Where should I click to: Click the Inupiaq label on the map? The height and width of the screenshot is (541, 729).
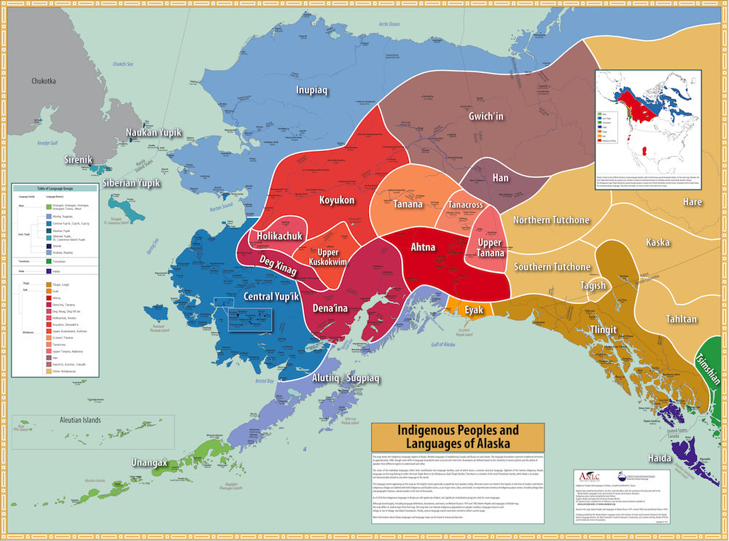click(311, 91)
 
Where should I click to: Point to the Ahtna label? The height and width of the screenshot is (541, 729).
click(423, 248)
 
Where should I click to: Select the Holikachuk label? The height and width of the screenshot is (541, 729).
click(278, 236)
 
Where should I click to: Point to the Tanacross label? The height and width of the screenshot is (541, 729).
click(466, 205)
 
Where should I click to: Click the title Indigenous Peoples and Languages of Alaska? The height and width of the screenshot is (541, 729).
click(458, 436)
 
